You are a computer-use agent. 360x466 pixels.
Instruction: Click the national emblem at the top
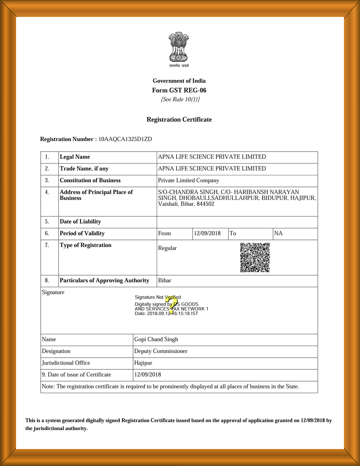click(x=179, y=48)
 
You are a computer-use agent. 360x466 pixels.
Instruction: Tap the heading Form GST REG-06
click(x=179, y=90)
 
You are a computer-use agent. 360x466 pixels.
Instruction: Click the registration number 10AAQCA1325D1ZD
click(x=125, y=139)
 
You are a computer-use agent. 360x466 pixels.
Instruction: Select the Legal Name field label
click(x=75, y=157)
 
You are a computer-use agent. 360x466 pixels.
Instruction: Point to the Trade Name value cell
click(x=212, y=169)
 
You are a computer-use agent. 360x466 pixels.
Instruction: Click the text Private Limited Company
click(x=188, y=180)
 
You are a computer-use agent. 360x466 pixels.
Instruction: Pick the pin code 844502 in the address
click(x=205, y=204)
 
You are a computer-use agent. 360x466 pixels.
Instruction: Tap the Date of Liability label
click(x=80, y=222)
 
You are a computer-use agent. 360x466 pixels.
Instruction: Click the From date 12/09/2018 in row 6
click(x=207, y=233)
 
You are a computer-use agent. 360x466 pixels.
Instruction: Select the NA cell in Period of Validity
click(x=279, y=233)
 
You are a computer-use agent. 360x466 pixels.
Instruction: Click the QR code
click(x=255, y=258)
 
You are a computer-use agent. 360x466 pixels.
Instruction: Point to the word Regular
click(x=167, y=248)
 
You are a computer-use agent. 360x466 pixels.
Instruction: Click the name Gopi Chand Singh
click(x=156, y=339)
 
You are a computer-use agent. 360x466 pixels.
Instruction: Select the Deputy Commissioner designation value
click(x=161, y=351)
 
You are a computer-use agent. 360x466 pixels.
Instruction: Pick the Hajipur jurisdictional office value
click(x=143, y=363)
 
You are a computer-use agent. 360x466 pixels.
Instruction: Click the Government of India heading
click(x=179, y=81)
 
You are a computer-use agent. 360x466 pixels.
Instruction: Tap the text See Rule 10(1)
click(x=180, y=100)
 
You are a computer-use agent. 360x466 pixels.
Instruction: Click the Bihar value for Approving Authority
click(x=165, y=280)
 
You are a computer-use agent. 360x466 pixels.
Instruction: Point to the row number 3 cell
click(x=47, y=180)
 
